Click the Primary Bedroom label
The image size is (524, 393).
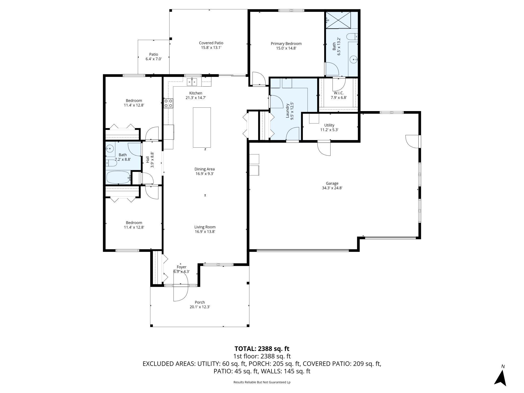[286, 44]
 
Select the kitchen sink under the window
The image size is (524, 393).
[192, 82]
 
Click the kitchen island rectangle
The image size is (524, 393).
[202, 127]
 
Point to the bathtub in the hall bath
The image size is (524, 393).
[118, 178]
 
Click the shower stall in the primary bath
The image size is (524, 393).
[338, 20]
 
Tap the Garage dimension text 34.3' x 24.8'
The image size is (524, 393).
[332, 188]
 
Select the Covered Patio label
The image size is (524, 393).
[211, 43]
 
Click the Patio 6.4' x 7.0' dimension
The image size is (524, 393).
[153, 59]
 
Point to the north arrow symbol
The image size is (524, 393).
[500, 376]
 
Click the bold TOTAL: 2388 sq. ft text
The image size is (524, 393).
[262, 349]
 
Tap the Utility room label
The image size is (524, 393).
[329, 125]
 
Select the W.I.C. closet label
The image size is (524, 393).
[339, 93]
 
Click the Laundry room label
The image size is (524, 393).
[287, 111]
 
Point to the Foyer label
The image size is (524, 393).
[181, 267]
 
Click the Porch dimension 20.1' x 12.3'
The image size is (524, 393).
[200, 307]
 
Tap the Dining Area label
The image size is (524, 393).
[205, 169]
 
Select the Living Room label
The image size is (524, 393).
[205, 227]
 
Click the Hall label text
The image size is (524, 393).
[147, 160]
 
